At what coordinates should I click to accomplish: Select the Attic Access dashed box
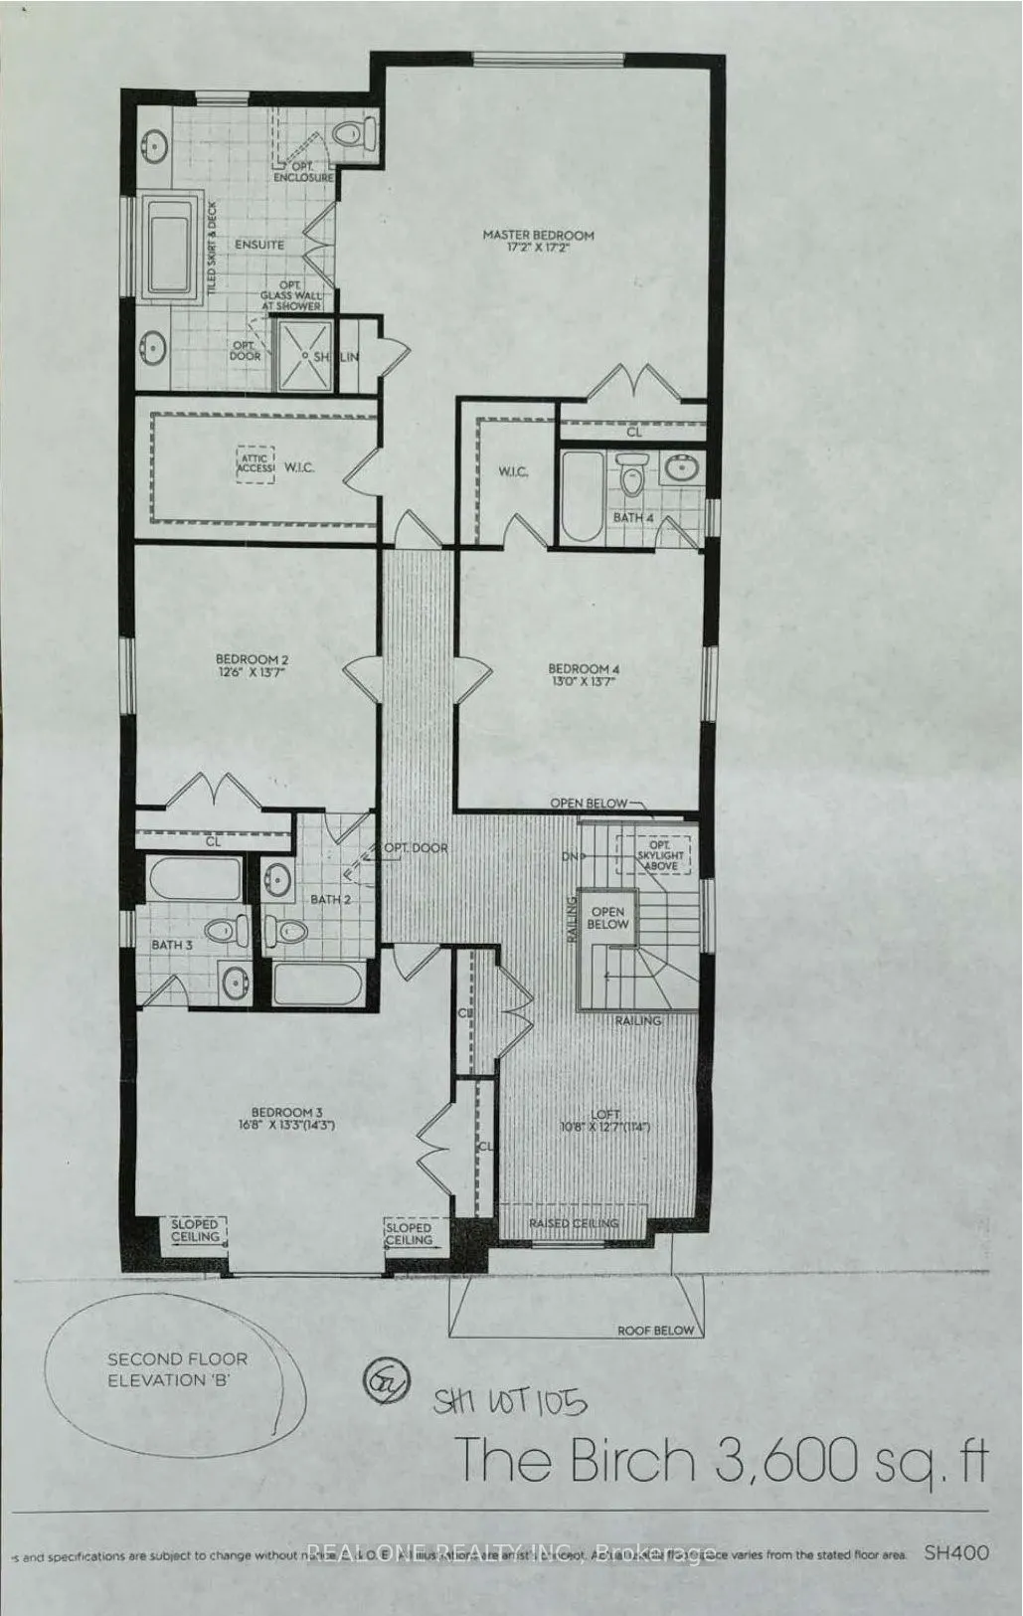[x=255, y=465]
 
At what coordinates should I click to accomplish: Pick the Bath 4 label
[x=633, y=517]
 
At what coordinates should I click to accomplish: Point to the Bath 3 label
[x=172, y=944]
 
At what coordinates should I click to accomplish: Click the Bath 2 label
[x=331, y=899]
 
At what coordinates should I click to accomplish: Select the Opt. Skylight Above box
[x=652, y=854]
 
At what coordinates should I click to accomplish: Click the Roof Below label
[x=655, y=1330]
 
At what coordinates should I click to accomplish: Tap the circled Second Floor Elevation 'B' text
[x=177, y=1368]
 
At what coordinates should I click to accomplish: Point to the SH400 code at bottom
[x=955, y=1552]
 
